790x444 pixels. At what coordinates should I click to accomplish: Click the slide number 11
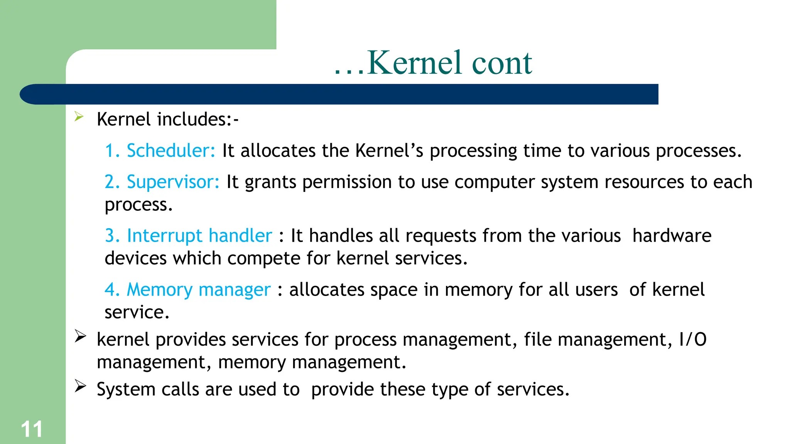32,429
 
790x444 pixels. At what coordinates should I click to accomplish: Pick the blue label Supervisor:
173,182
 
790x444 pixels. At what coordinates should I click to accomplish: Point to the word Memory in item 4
159,290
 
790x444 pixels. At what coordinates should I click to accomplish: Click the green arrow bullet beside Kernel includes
79,116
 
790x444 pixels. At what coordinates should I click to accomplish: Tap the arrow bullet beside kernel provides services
80,336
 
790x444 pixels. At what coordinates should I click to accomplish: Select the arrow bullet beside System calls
80,386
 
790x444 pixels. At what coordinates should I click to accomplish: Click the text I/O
692,340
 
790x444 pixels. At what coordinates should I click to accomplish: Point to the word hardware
672,235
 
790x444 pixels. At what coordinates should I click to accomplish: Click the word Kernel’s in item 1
389,151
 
